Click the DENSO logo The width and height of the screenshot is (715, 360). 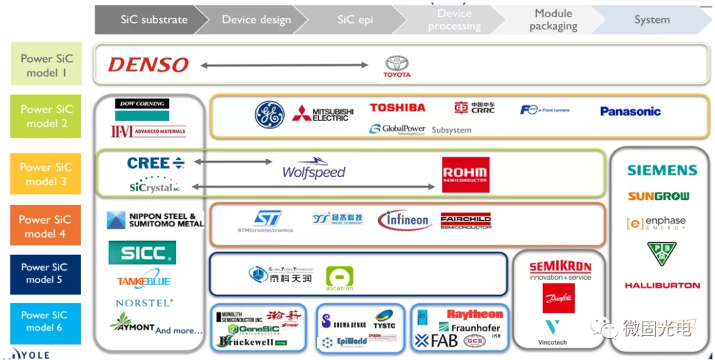click(148, 65)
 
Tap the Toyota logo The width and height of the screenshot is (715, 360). click(397, 66)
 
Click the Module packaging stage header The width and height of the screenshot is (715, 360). click(553, 20)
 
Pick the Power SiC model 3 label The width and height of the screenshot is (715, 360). click(46, 174)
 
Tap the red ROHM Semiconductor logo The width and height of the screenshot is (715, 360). click(466, 175)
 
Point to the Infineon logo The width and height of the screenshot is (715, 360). click(405, 220)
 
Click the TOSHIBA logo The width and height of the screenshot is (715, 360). click(397, 108)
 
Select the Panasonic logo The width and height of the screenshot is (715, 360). click(630, 111)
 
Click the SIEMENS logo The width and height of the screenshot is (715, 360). click(662, 170)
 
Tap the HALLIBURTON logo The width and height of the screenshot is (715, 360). click(662, 286)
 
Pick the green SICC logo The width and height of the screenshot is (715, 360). click(142, 252)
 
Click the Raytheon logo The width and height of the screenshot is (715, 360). click(475, 314)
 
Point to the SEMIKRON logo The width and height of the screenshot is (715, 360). click(560, 268)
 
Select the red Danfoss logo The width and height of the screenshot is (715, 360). click(559, 298)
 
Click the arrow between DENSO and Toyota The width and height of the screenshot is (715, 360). click(284, 65)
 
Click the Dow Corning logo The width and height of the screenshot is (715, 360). click(142, 104)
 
